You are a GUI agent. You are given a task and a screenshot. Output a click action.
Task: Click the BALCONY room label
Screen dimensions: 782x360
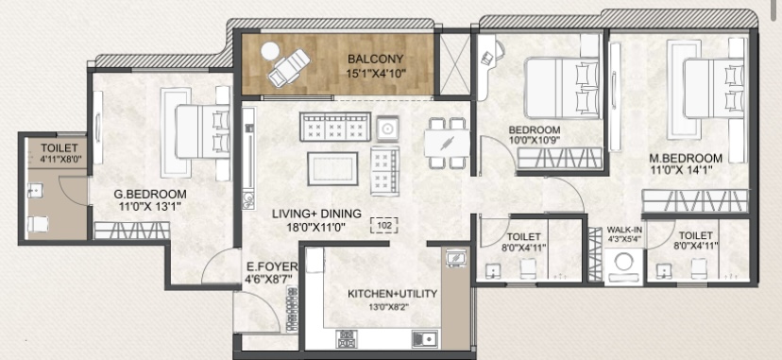point(376,60)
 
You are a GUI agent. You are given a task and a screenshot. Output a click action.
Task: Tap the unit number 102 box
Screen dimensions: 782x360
point(384,226)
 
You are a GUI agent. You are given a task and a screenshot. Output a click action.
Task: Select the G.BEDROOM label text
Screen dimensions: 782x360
point(150,195)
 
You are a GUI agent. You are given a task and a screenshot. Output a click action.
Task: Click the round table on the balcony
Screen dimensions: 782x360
point(270,51)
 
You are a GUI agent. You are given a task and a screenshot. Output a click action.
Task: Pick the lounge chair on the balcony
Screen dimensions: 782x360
point(289,68)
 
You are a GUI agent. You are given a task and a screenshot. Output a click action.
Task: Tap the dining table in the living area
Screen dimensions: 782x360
point(448,143)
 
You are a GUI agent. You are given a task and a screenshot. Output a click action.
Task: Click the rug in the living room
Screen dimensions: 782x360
point(332,168)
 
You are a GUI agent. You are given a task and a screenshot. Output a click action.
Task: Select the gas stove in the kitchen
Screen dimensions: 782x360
point(346,339)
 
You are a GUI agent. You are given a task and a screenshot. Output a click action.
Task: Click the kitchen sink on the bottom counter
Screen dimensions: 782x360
point(425,339)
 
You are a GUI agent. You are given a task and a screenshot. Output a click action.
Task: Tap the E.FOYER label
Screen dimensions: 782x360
point(272,266)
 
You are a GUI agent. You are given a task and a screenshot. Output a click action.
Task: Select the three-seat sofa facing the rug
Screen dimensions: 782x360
point(335,127)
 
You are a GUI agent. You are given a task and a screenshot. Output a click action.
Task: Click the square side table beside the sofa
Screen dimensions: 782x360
point(387,129)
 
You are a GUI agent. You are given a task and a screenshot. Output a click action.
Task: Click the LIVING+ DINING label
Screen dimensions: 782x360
point(316,214)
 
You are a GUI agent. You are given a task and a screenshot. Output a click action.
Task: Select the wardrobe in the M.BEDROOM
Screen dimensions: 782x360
point(696,201)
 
